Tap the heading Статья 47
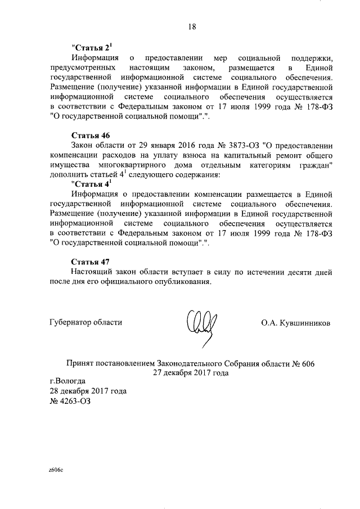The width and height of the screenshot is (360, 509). point(91,262)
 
